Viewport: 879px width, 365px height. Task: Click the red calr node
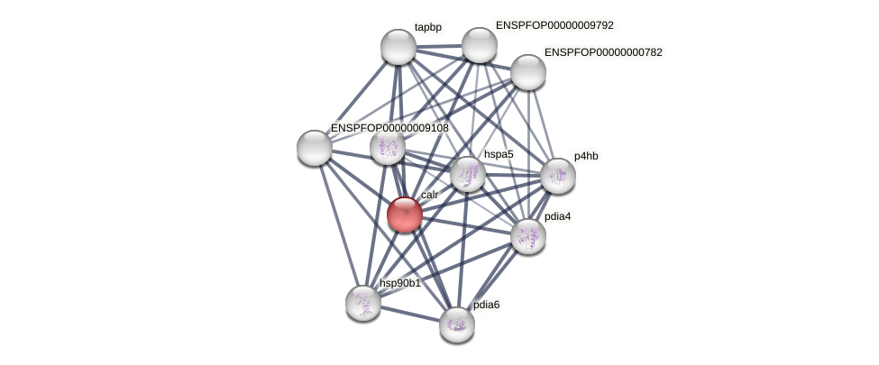[x=404, y=214]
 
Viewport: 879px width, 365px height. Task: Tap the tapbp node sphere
[x=398, y=47]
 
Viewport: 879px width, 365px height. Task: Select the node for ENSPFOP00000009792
[x=479, y=45]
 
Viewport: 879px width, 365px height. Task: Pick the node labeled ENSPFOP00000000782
[x=527, y=72]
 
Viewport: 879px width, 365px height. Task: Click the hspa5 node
[x=467, y=174]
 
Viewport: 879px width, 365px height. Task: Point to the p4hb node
[x=557, y=176]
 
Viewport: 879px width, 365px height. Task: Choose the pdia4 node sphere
[x=527, y=236]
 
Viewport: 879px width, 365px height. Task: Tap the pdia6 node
[x=456, y=324]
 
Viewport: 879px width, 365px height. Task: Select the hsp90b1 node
[x=362, y=303]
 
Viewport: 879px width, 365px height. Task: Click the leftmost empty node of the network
[x=315, y=148]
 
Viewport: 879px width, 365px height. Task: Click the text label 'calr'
[x=429, y=195]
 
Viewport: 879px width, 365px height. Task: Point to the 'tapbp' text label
[x=427, y=27]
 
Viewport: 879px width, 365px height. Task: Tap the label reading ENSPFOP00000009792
[x=554, y=25]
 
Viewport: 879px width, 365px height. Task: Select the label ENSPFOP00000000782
[x=602, y=52]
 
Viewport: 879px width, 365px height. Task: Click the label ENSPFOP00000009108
[x=389, y=128]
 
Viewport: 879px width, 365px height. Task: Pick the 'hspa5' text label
[x=498, y=154]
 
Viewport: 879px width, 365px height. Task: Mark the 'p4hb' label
[x=586, y=156]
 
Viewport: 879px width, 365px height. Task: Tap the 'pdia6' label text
[x=486, y=305]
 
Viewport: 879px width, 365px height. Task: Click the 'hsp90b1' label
[x=399, y=283]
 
